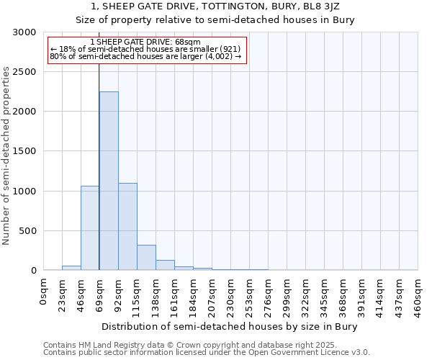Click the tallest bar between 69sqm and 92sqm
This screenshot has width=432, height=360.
point(109,181)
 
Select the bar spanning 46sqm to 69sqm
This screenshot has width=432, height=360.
point(90,228)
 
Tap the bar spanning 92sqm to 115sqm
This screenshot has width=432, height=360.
point(127,226)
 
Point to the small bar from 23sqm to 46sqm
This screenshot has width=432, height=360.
point(71,268)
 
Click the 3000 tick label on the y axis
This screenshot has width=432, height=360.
point(23,32)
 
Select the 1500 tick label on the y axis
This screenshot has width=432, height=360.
point(23,151)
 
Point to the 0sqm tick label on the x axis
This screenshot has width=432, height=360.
point(44,294)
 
